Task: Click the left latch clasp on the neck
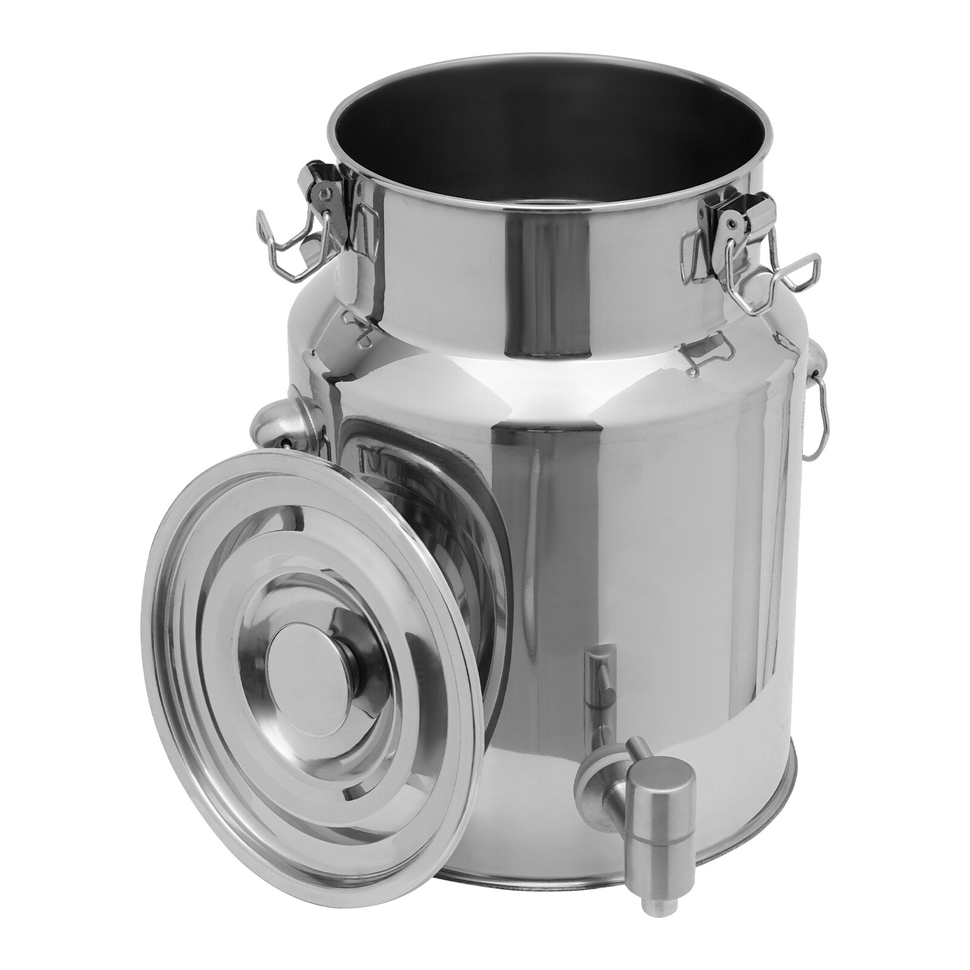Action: coord(324,194)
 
